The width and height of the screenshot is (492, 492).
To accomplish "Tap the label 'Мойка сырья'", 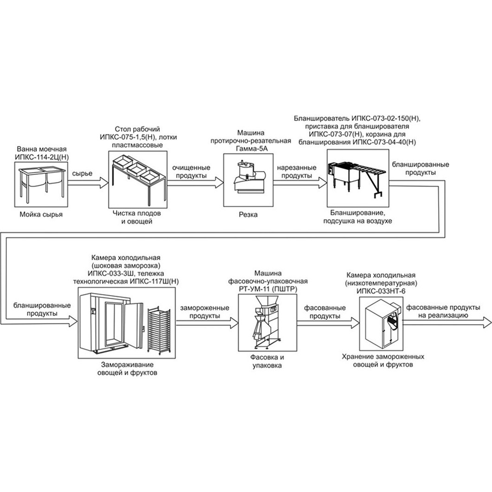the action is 41,214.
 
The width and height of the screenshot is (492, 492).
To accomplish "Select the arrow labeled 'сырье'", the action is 88,182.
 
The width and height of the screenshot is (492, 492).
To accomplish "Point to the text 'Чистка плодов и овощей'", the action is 137,217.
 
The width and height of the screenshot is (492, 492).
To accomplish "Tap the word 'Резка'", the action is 248,214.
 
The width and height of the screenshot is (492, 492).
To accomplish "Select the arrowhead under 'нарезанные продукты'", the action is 323,182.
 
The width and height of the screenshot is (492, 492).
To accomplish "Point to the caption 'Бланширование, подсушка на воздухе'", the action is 358,217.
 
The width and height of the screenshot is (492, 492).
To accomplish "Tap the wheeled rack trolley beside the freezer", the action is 159,330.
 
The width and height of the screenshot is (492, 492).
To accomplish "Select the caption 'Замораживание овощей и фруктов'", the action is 127,369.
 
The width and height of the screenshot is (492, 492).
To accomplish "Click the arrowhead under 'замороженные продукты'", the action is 234,322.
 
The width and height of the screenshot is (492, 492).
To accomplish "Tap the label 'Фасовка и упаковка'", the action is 267,361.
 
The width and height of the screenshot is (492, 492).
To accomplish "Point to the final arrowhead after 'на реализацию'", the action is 487,322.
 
